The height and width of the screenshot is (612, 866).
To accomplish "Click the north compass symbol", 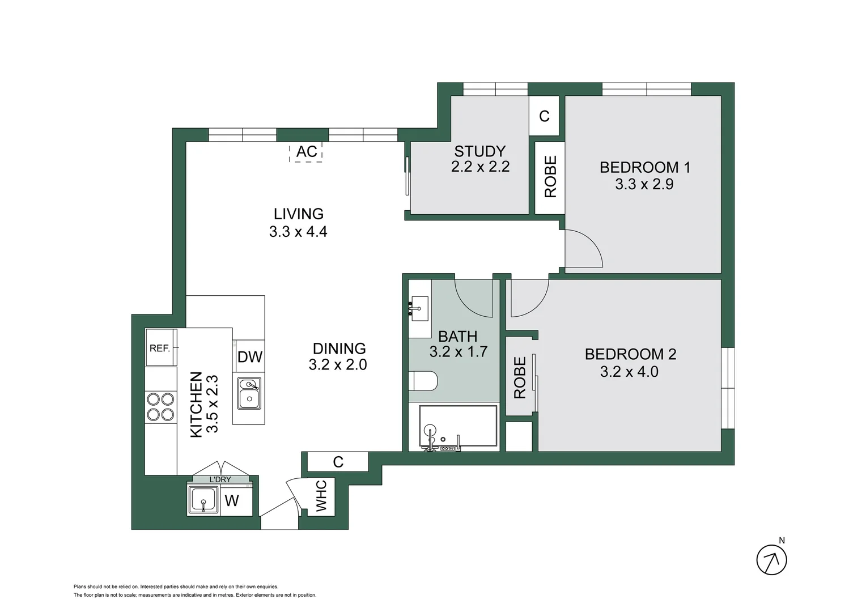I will click(x=771, y=560).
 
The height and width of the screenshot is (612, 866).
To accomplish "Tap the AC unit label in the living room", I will click(x=307, y=152).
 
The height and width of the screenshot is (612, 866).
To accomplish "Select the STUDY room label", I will click(x=479, y=151).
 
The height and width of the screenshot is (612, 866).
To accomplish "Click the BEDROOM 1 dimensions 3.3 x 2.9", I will click(x=644, y=184).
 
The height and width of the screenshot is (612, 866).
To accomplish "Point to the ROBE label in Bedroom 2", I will click(x=520, y=377).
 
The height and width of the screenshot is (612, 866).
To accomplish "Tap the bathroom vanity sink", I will click(x=419, y=308).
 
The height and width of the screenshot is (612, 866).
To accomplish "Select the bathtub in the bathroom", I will click(x=458, y=428).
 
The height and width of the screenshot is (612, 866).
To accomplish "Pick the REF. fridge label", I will click(x=160, y=348).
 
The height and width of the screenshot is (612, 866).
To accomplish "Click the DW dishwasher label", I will click(x=250, y=357).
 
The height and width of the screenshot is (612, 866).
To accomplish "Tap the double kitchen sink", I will click(x=249, y=393).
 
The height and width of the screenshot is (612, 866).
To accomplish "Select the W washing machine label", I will click(x=232, y=501).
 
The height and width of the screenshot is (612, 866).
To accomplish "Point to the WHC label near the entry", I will click(x=321, y=496).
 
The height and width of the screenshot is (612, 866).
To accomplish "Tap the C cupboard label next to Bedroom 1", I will click(x=544, y=116).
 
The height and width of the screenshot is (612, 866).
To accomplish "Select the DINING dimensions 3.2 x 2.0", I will click(x=338, y=365).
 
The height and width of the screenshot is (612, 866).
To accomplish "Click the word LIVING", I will click(x=299, y=214).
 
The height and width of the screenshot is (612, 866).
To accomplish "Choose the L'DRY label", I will click(x=220, y=479).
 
